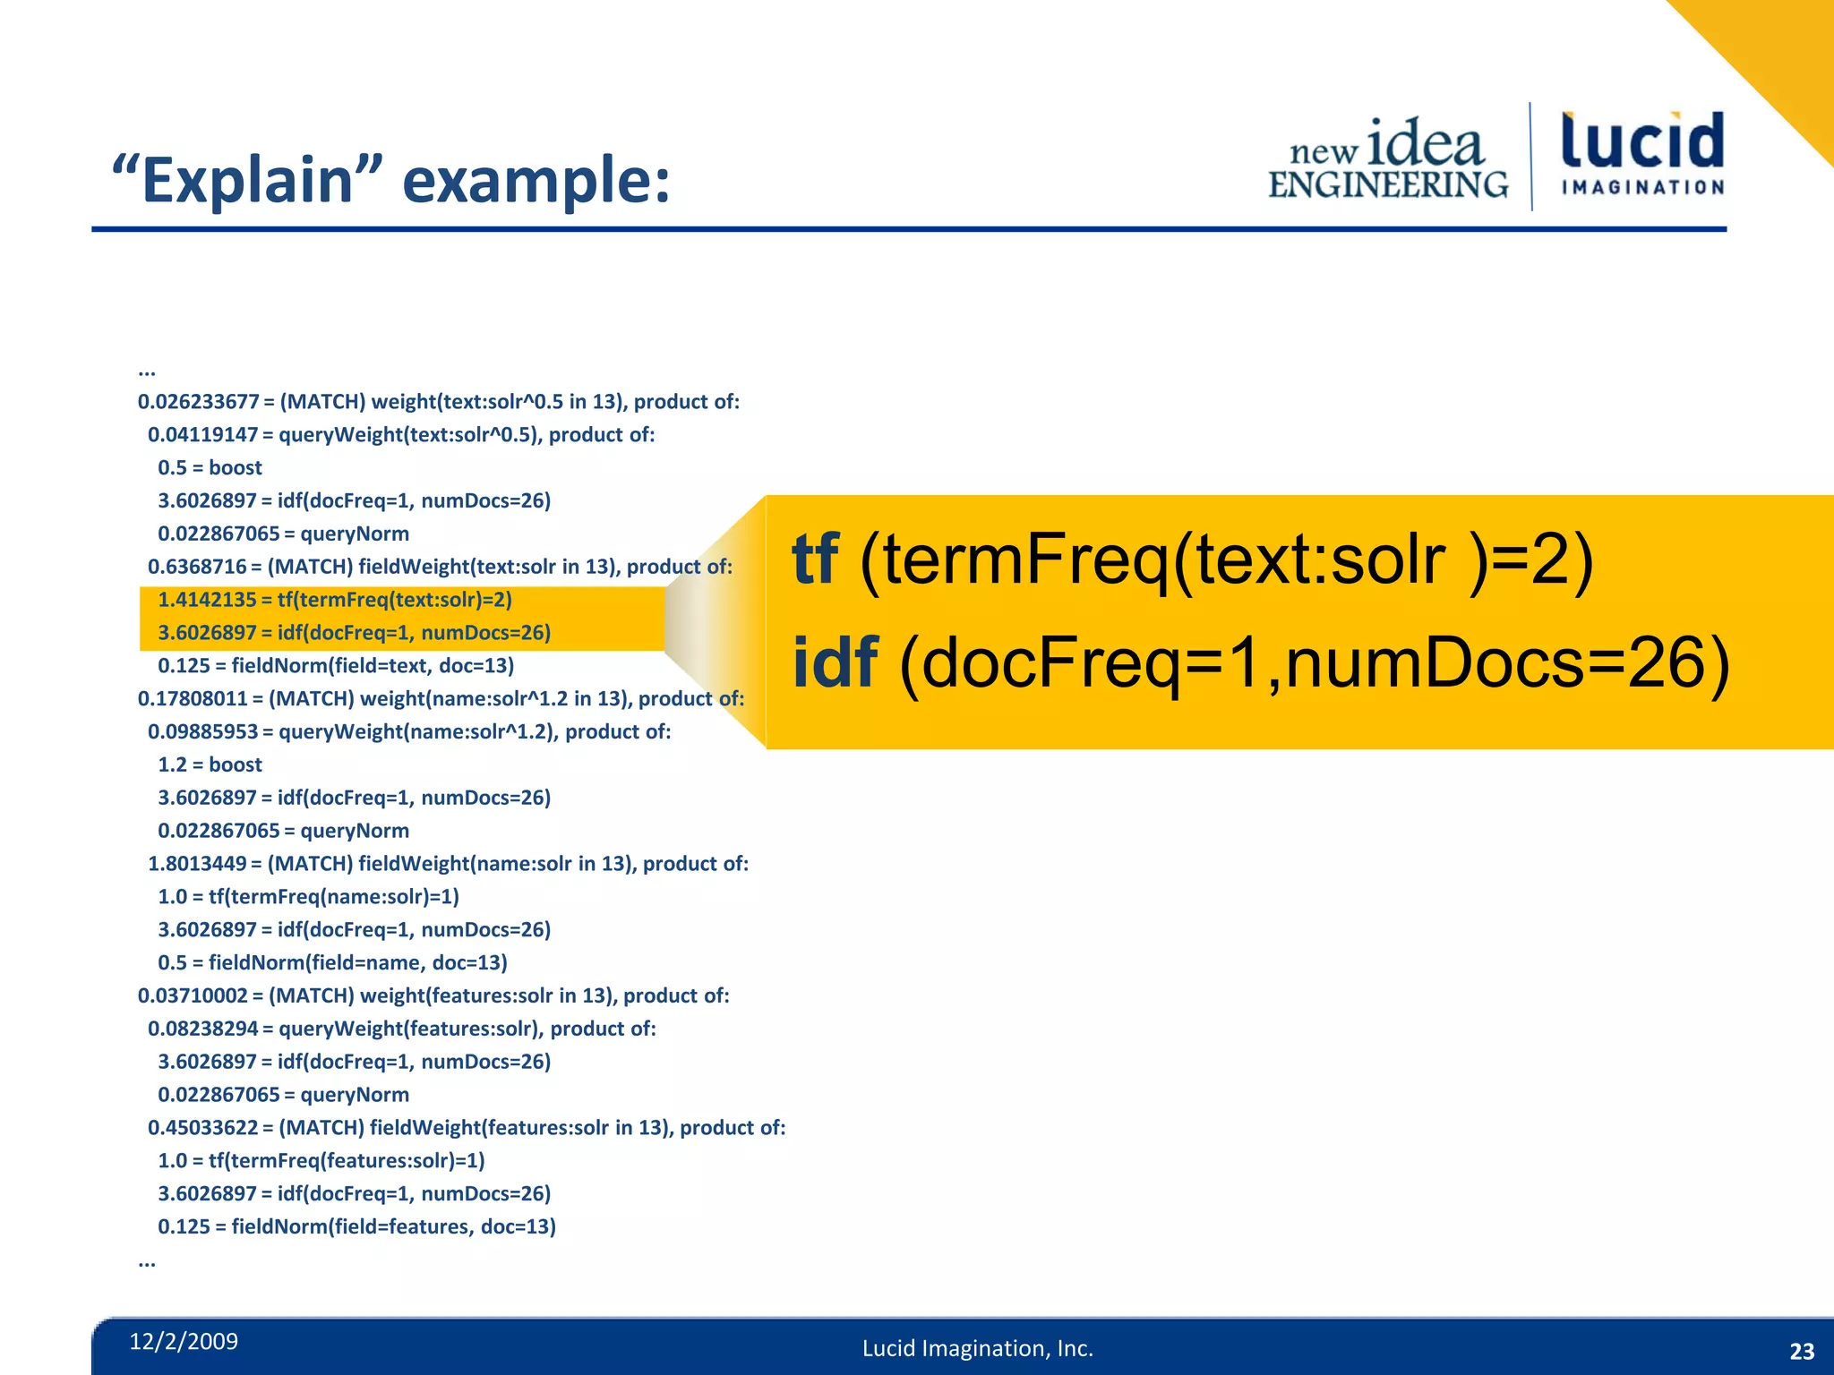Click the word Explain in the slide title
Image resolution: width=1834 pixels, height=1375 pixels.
click(246, 180)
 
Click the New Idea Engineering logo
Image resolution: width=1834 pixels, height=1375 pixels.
click(1388, 159)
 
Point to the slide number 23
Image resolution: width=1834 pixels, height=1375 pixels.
click(1801, 1351)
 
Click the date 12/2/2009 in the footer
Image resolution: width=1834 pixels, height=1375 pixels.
click(184, 1341)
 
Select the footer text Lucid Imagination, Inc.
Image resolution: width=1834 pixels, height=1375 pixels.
click(977, 1348)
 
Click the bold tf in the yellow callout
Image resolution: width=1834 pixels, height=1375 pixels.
click(815, 559)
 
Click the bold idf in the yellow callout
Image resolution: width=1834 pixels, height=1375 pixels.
click(835, 662)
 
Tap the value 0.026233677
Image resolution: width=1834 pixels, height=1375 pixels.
click(198, 402)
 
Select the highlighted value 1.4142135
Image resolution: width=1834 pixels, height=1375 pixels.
click(207, 600)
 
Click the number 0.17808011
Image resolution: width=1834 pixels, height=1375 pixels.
click(192, 699)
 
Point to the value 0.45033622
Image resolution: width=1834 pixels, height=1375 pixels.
click(203, 1128)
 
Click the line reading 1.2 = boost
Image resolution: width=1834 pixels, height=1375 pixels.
click(210, 765)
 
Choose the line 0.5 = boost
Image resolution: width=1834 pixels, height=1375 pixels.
click(210, 468)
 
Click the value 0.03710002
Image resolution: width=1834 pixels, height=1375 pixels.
click(192, 996)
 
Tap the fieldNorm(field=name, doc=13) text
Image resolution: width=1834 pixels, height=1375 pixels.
click(357, 963)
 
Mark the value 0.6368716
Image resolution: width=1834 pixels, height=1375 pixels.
click(197, 567)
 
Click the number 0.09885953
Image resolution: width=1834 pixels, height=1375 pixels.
click(203, 732)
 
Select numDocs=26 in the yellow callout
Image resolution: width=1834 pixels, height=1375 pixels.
click(1504, 662)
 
